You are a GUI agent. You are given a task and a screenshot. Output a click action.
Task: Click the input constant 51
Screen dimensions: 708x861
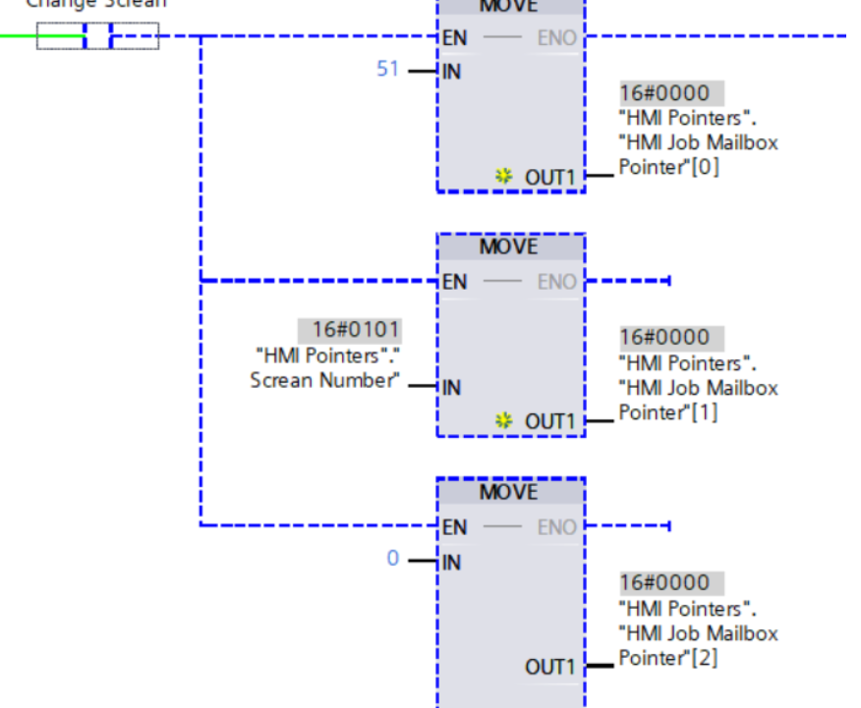[x=388, y=69]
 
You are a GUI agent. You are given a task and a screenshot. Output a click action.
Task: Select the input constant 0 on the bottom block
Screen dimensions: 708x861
[x=393, y=559]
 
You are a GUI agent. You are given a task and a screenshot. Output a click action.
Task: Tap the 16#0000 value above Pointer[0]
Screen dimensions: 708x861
[x=663, y=93]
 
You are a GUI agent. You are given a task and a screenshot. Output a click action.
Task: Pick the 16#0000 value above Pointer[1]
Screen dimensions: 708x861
[x=663, y=337]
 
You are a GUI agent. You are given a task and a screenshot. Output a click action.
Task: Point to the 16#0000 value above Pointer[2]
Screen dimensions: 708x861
[x=663, y=582]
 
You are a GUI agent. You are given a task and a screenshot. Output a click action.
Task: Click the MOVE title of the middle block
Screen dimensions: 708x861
[x=509, y=246]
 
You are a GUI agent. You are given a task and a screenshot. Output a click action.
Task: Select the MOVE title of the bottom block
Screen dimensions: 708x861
[x=509, y=491]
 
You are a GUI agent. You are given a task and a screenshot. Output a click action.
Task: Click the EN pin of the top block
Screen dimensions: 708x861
[x=454, y=38]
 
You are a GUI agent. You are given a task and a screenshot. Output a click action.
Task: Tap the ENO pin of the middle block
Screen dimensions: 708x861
[x=556, y=282]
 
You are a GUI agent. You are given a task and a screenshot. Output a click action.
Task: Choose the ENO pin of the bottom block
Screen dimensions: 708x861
[x=556, y=527]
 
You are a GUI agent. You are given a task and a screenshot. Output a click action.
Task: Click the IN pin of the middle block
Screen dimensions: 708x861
[x=451, y=388]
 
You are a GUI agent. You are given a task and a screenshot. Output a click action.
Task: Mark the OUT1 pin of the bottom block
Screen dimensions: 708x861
[x=548, y=667]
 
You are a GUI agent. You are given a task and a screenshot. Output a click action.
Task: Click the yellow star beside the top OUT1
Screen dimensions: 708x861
[x=504, y=177]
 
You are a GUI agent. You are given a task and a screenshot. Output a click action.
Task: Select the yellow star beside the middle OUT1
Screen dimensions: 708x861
[x=504, y=421]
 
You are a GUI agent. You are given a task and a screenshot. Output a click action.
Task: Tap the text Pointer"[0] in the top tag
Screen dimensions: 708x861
[x=668, y=167]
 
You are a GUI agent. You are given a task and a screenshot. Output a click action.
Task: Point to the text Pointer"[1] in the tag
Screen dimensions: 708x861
[x=668, y=412]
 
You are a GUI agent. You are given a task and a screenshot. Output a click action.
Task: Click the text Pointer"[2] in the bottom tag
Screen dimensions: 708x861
[x=668, y=657]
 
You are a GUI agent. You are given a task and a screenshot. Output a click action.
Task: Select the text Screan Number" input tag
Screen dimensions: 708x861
[x=325, y=380]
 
